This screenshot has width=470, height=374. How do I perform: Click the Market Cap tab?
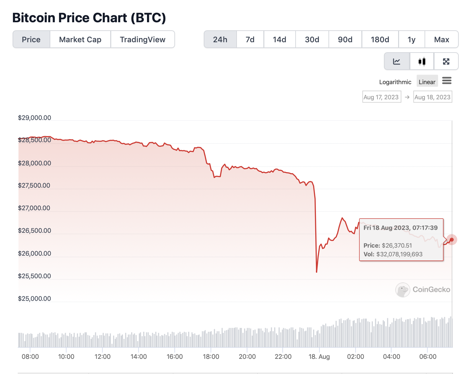pos(80,39)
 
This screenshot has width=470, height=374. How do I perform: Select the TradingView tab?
pos(142,39)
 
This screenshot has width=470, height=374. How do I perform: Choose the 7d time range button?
pos(250,39)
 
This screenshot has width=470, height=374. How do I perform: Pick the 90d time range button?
pos(345,39)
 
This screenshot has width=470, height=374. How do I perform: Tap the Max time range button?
pos(441,39)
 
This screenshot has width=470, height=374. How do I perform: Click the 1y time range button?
pos(411,39)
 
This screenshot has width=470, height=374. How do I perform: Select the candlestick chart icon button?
pos(422,61)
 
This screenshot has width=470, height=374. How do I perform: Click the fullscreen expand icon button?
pos(446,61)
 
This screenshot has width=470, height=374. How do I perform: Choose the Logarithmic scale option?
pos(395,82)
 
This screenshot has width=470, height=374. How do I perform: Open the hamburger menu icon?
pos(446,81)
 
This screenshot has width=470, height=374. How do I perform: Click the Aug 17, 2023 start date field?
pos(381,97)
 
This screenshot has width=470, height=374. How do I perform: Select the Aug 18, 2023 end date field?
pos(432,97)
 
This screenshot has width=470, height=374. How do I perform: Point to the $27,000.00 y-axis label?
pos(34,208)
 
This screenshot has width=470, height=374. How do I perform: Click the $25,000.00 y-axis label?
pos(34,299)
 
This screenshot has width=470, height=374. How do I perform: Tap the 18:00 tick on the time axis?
pos(211,357)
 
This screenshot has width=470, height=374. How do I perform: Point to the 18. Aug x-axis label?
pos(319,357)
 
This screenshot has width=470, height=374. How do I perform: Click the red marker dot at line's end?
pos(452,240)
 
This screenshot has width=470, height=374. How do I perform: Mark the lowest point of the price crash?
pos(317,272)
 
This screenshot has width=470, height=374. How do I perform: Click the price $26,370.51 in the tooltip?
pos(397,245)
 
